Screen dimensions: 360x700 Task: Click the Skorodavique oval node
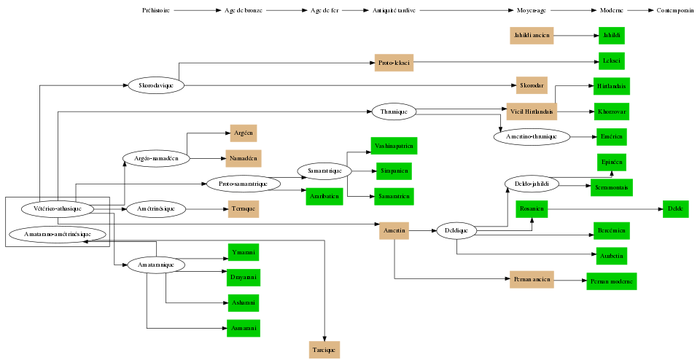[156, 85]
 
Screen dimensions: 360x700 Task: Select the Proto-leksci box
[394, 63]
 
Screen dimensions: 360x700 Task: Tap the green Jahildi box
[611, 35]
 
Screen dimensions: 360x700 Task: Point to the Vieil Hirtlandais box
[532, 111]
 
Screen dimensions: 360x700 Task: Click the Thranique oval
[394, 111]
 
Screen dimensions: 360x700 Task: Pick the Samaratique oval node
[324, 171]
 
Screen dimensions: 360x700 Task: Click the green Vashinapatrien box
[394, 146]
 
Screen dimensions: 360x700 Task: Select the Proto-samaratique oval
[244, 184]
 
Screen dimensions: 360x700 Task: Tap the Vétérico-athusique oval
[57, 208]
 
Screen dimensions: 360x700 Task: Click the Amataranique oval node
[156, 265]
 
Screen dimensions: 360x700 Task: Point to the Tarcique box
[324, 350]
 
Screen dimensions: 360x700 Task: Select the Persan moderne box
[611, 281]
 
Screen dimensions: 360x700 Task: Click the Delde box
[675, 209]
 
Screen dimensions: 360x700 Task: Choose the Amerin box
[394, 231]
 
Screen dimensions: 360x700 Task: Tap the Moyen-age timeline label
[532, 11]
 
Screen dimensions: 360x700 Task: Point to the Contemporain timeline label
[674, 11]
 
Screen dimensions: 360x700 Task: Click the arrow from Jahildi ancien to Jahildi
[575, 35]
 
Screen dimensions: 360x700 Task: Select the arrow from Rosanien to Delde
[604, 209]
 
